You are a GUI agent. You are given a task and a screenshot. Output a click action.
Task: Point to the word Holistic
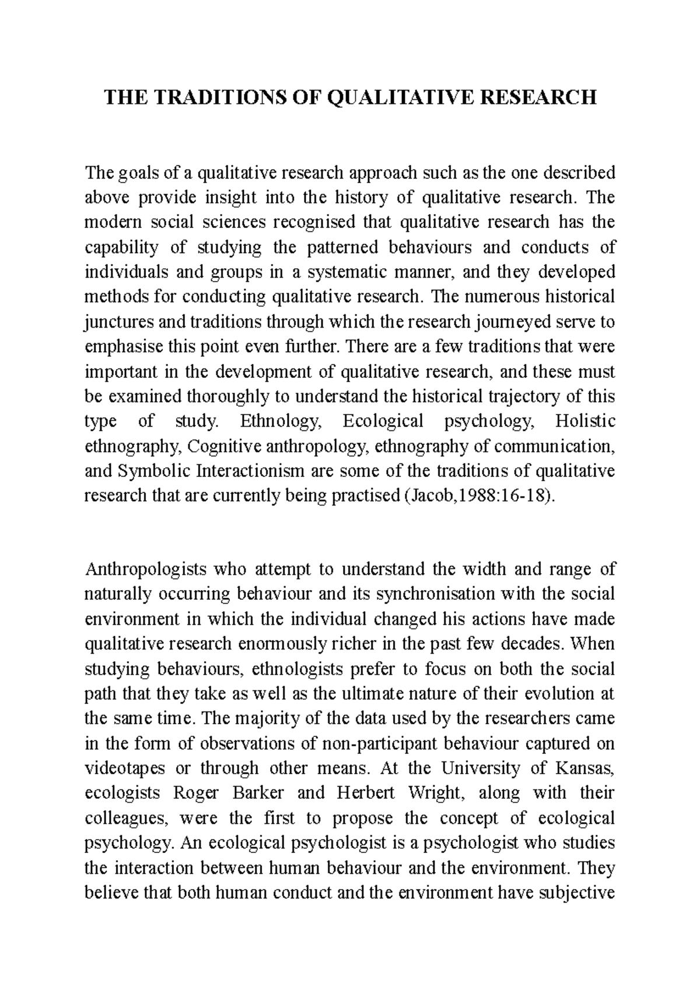pyautogui.click(x=585, y=422)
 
